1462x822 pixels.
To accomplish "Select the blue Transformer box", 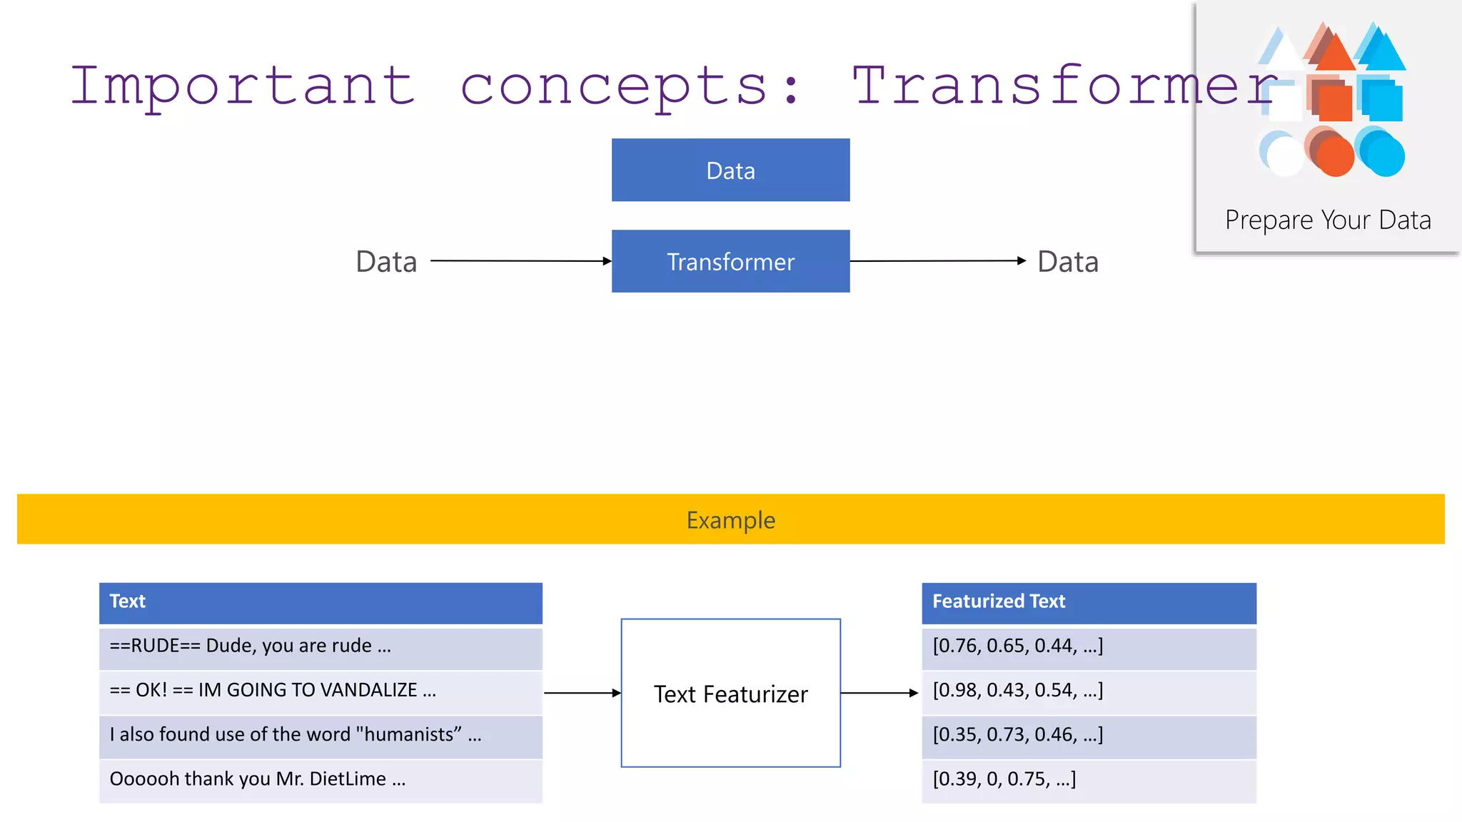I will point(730,261).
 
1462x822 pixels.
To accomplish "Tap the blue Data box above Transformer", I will point(730,171).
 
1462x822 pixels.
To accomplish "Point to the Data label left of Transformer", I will point(386,262).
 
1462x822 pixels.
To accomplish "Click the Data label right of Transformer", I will point(1067,262).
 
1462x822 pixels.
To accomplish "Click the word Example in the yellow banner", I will point(730,520).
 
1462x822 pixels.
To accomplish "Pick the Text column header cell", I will point(321,602).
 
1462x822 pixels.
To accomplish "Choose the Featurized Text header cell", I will point(1089,602).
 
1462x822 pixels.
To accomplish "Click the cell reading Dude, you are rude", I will point(321,646).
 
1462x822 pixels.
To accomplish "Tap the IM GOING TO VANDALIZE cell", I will point(321,691).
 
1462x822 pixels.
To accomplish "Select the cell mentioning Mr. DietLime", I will point(321,779).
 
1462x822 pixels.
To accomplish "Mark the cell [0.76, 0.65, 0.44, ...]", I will point(1089,646).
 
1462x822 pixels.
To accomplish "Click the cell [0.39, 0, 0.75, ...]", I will point(1089,779).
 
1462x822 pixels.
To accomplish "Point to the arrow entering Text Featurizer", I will point(582,693).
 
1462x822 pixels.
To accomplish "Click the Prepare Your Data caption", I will point(1328,220).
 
